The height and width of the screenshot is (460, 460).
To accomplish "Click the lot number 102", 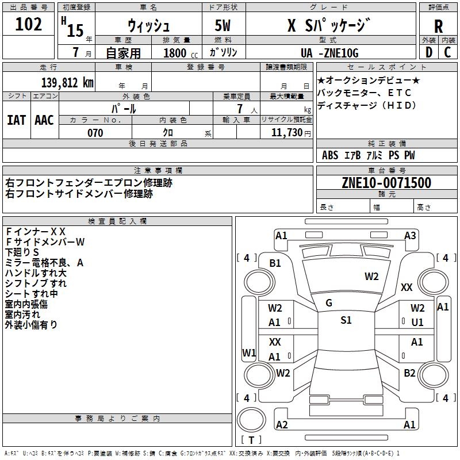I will pyautogui.click(x=29, y=25).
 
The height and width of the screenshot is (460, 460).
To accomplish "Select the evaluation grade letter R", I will pyautogui.click(x=438, y=26).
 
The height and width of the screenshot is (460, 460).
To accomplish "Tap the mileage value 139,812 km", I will pyautogui.click(x=67, y=83).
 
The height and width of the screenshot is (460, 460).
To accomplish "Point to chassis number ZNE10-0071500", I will pyautogui.click(x=386, y=183).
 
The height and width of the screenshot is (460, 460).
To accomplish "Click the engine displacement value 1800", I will pyautogui.click(x=175, y=53).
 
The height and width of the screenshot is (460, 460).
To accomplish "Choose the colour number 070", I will pyautogui.click(x=95, y=133).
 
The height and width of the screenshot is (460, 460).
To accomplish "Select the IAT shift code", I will pyautogui.click(x=17, y=120).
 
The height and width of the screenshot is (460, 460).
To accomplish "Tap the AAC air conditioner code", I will pyautogui.click(x=44, y=120).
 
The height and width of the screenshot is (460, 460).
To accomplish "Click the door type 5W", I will pyautogui.click(x=223, y=26).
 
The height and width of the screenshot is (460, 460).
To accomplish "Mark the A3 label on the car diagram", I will pyautogui.click(x=410, y=235).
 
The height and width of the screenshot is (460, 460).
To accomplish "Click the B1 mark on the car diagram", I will pyautogui.click(x=275, y=263).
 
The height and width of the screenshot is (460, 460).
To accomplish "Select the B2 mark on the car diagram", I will pyautogui.click(x=409, y=373).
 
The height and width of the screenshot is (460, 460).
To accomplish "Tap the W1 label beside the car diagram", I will pyautogui.click(x=249, y=352).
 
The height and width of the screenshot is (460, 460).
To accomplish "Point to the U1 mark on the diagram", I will pyautogui.click(x=417, y=323).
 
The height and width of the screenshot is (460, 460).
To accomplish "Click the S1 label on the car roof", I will pyautogui.click(x=346, y=320).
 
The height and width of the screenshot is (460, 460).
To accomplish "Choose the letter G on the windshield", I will pyautogui.click(x=329, y=303).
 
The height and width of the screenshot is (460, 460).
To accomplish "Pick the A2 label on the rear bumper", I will pyautogui.click(x=282, y=425).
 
